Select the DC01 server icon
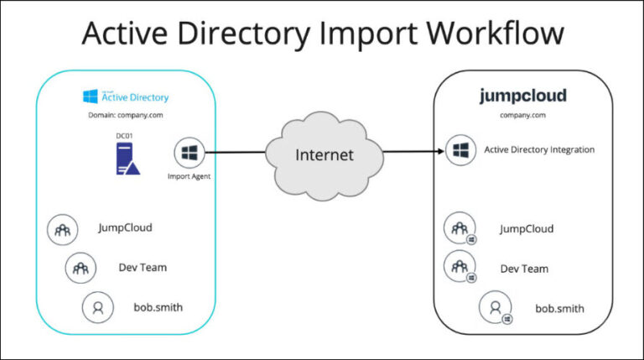[127, 158]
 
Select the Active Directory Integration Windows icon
[460, 150]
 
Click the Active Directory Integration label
[539, 150]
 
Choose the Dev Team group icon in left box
[80, 268]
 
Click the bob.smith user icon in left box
[97, 307]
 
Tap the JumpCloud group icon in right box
[460, 227]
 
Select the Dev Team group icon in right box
[460, 266]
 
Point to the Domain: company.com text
[125, 116]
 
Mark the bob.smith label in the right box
[559, 308]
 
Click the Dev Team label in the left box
[143, 268]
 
